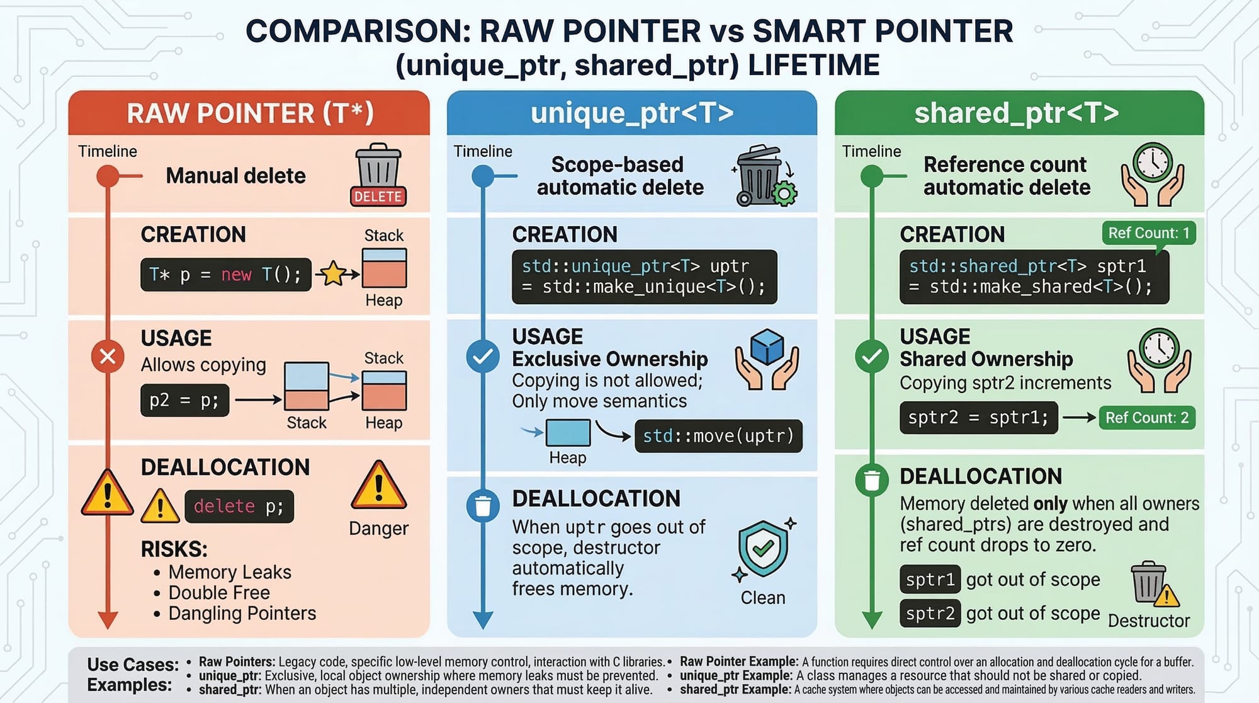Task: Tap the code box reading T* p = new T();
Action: [226, 275]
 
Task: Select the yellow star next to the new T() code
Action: [333, 273]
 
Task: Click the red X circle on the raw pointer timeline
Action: [108, 357]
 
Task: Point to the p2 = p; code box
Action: [184, 401]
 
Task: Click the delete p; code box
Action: [239, 506]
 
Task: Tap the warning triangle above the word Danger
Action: [379, 486]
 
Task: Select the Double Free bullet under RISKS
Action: [219, 593]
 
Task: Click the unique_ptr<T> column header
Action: [632, 113]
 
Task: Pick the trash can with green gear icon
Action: [764, 176]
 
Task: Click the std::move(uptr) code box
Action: [718, 436]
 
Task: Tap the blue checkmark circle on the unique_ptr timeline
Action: [483, 357]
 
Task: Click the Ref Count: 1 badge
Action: [1149, 233]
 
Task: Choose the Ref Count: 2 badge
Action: [1147, 418]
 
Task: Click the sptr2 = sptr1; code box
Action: [979, 418]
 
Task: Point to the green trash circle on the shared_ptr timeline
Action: [872, 480]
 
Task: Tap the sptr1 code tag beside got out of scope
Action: [930, 580]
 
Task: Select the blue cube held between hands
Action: [767, 347]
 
